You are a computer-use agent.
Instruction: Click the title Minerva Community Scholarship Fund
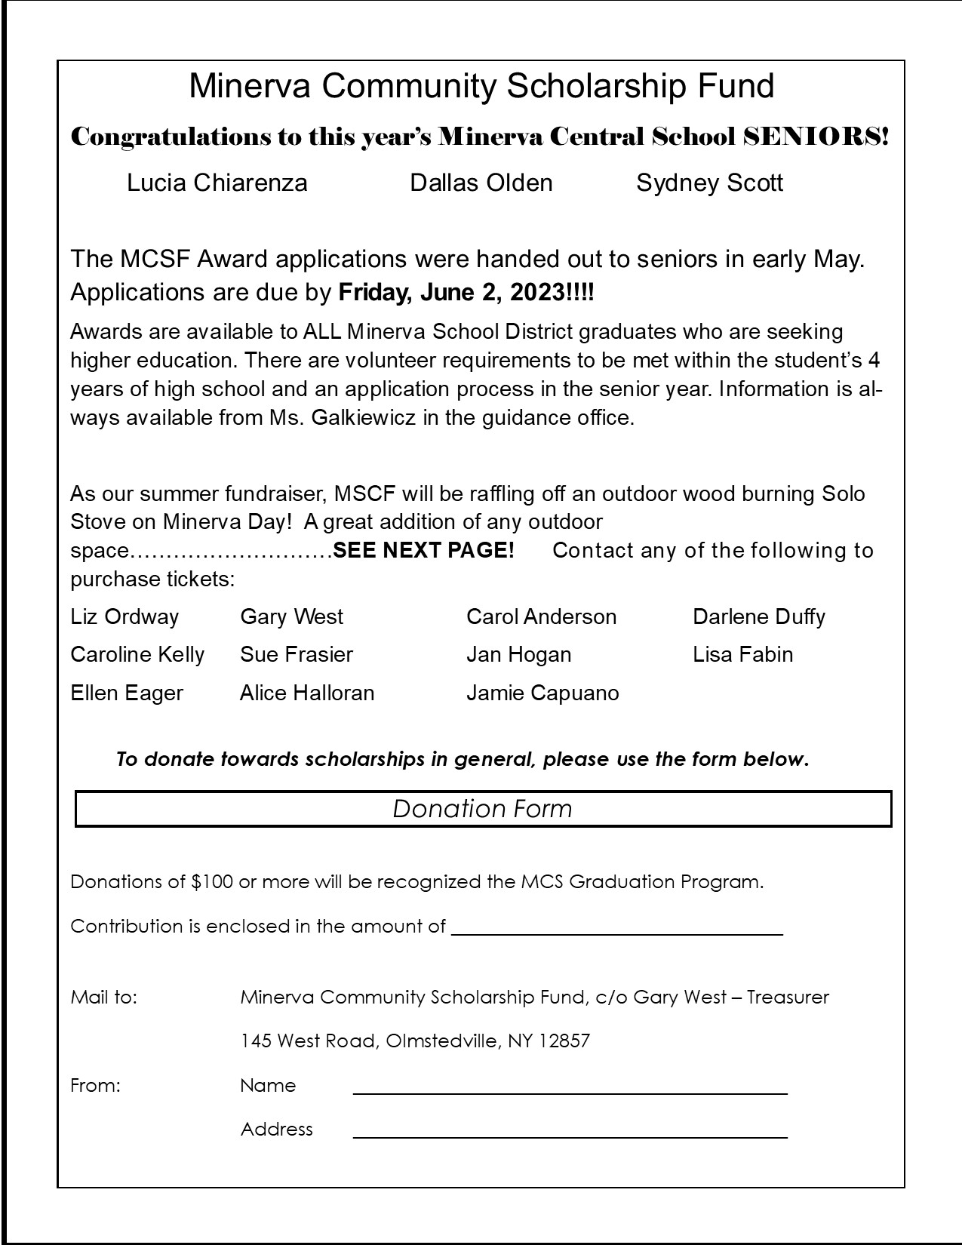click(x=481, y=86)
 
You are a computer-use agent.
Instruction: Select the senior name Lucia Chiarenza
click(x=217, y=183)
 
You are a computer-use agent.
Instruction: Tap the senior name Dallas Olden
click(x=481, y=183)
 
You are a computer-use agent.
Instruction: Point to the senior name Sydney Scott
click(x=709, y=183)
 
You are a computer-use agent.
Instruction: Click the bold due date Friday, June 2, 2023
click(x=466, y=293)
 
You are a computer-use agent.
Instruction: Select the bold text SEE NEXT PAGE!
click(x=423, y=551)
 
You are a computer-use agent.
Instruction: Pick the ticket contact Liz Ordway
click(x=124, y=617)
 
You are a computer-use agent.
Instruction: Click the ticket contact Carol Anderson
click(x=541, y=617)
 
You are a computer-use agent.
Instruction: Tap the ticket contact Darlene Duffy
click(x=758, y=617)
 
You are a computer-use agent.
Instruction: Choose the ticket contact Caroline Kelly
click(x=137, y=655)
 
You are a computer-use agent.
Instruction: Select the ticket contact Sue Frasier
click(x=297, y=655)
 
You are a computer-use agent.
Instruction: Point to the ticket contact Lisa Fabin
click(x=742, y=655)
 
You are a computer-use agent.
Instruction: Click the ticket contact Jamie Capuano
click(x=542, y=693)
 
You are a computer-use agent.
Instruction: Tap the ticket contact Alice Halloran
click(x=307, y=693)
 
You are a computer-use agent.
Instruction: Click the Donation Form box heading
click(x=483, y=809)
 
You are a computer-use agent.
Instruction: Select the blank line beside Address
click(x=570, y=1135)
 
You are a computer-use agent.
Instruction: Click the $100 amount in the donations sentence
click(x=212, y=882)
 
